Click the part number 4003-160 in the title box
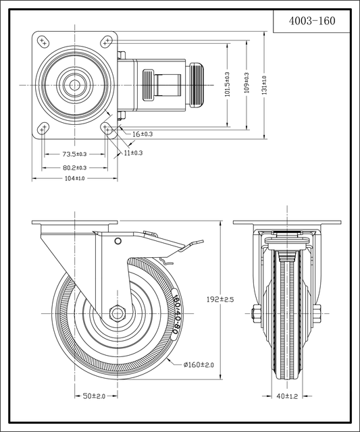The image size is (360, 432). pos(312,21)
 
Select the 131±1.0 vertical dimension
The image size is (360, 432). pos(264,85)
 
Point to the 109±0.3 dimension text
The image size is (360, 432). pos(247,82)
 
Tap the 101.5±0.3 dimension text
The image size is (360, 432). pos(227,84)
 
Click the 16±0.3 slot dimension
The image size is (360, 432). pos(143,134)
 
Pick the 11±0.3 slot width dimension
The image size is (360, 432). pos(133,153)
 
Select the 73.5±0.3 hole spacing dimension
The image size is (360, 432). pos(74,154)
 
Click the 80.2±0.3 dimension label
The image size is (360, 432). pos(74,167)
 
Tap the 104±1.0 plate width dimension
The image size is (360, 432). pos(74,178)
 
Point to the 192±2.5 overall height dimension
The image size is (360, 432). pos(220,299)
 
